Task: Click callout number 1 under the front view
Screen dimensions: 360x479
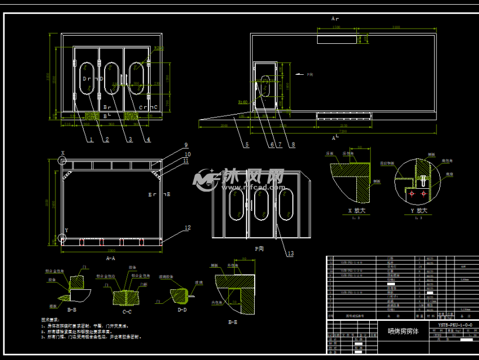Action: pyautogui.click(x=91, y=139)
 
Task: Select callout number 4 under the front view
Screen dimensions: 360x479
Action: pyautogui.click(x=148, y=139)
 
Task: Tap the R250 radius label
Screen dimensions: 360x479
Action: pyautogui.click(x=158, y=49)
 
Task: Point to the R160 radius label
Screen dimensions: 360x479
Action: pyautogui.click(x=242, y=101)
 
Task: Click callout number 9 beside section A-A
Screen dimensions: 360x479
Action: pyautogui.click(x=186, y=145)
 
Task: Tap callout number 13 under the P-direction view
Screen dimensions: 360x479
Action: pyautogui.click(x=290, y=254)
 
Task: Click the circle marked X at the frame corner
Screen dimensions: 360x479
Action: pyautogui.click(x=63, y=160)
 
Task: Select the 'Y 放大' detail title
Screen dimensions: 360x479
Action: pyautogui.click(x=418, y=210)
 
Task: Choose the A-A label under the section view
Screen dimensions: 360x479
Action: pyautogui.click(x=110, y=257)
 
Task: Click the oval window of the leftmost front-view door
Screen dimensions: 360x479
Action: pyautogui.click(x=86, y=77)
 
